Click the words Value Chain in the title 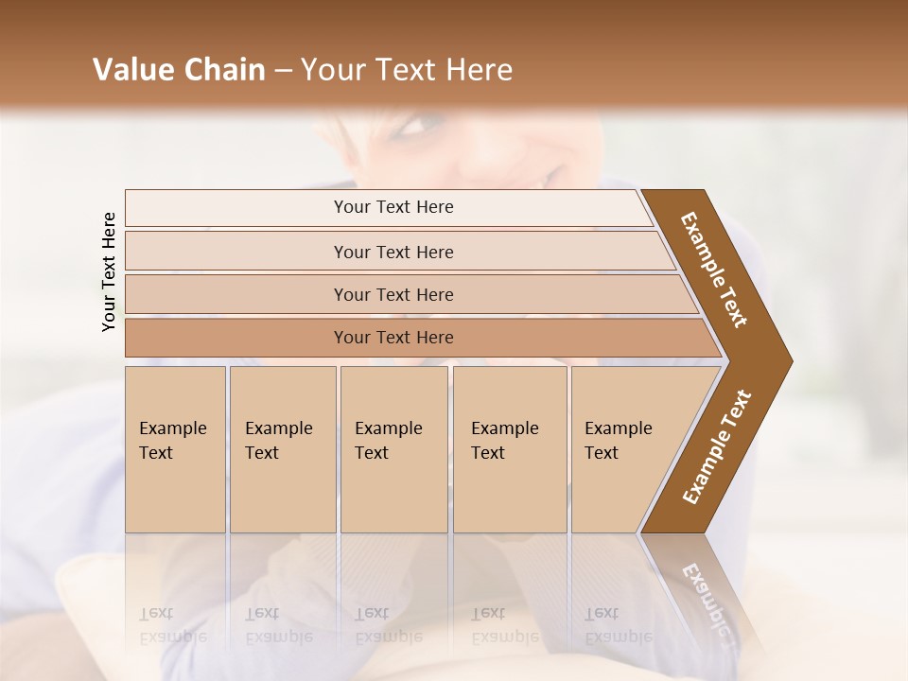tap(179, 70)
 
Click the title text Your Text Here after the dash tap(407, 70)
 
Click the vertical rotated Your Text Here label tap(109, 271)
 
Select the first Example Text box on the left tap(175, 449)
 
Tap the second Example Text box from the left tap(283, 449)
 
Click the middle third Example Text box tap(393, 449)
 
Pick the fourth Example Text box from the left tap(510, 449)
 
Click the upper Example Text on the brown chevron tap(714, 270)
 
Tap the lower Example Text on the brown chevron tap(717, 447)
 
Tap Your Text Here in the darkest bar tap(393, 338)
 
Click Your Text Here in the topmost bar tap(393, 207)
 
